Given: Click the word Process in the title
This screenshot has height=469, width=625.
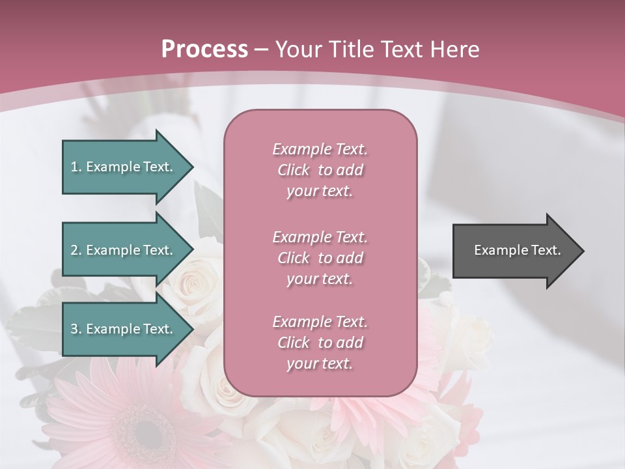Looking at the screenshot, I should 204,50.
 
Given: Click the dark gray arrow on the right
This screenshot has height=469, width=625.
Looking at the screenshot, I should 514,250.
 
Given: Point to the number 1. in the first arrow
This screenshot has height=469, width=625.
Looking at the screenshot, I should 76,167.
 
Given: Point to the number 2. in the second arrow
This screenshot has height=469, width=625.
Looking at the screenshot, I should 76,250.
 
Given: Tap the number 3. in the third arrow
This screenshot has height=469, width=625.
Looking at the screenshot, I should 76,329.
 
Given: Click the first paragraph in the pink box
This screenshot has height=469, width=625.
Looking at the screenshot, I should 320,170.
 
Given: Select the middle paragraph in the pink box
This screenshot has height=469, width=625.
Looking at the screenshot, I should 320,258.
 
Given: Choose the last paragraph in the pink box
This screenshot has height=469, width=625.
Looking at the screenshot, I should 320,343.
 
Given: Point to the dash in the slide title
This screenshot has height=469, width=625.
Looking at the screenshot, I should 262,50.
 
